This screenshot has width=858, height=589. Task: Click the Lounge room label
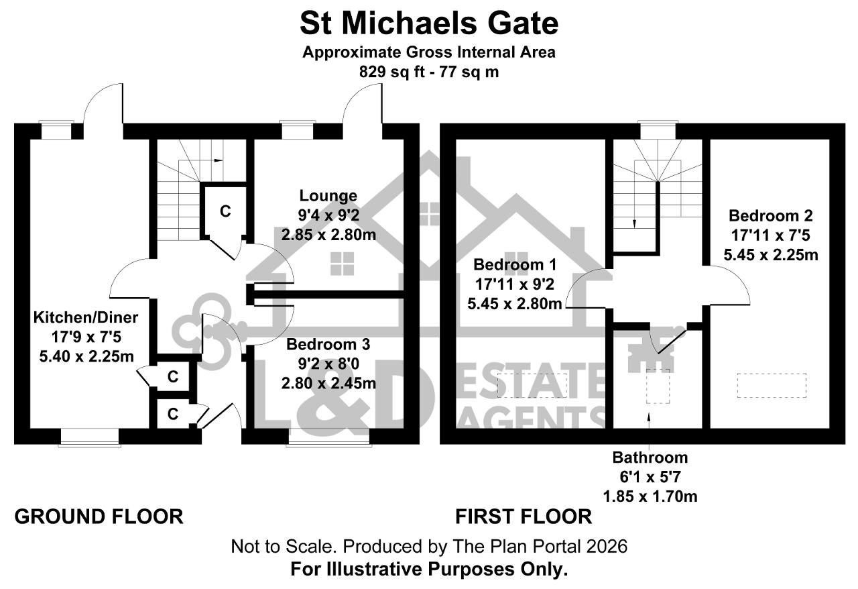click(328, 196)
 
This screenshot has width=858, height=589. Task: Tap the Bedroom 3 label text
click(328, 344)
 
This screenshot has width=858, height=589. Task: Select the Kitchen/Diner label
click(86, 317)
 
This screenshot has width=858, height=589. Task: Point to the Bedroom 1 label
click(514, 264)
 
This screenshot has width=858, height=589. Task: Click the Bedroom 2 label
click(770, 215)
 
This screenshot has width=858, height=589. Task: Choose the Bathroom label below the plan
click(650, 458)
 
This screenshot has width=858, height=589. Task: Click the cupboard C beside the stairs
click(225, 211)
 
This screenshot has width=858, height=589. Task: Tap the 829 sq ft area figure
click(392, 72)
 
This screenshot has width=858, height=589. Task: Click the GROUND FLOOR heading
click(99, 517)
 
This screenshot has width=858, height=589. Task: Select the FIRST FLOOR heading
click(524, 517)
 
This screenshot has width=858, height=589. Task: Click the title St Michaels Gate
click(429, 23)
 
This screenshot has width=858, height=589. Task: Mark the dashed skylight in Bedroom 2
click(772, 385)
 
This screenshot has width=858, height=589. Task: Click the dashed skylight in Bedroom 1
click(532, 385)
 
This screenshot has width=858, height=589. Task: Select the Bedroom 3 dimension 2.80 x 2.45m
click(328, 383)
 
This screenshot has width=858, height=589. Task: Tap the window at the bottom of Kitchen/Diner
click(90, 437)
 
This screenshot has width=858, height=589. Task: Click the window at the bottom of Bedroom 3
click(329, 437)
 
